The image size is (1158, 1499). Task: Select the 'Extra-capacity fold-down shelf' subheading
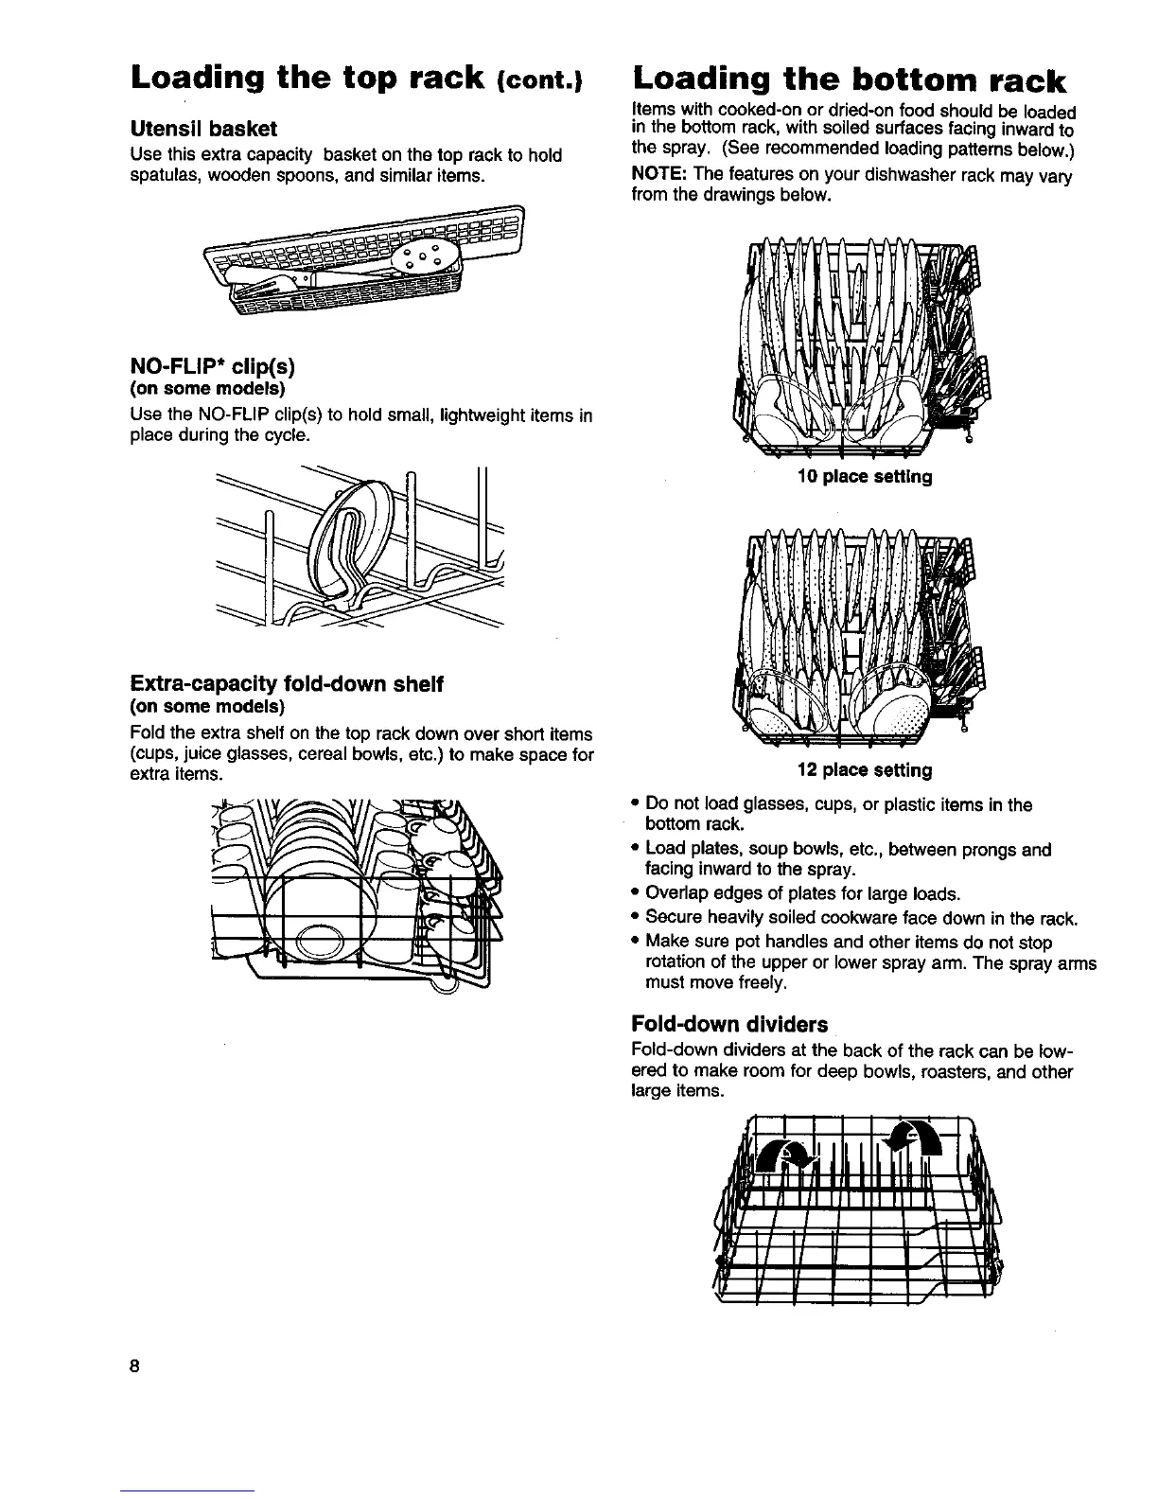pyautogui.click(x=286, y=684)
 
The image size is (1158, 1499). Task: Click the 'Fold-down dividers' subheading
pyautogui.click(x=728, y=1024)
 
